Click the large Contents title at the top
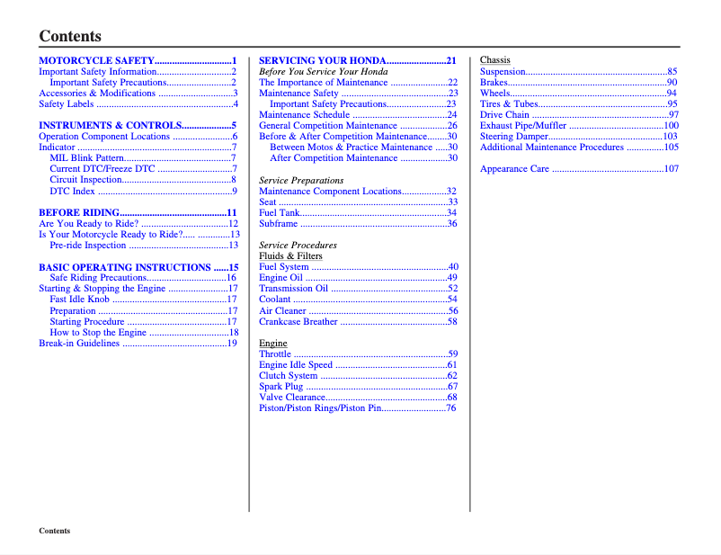[x=70, y=36]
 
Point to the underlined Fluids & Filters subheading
[x=290, y=256]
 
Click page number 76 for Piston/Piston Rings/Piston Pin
[x=451, y=408]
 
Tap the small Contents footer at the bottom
[x=54, y=531]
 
